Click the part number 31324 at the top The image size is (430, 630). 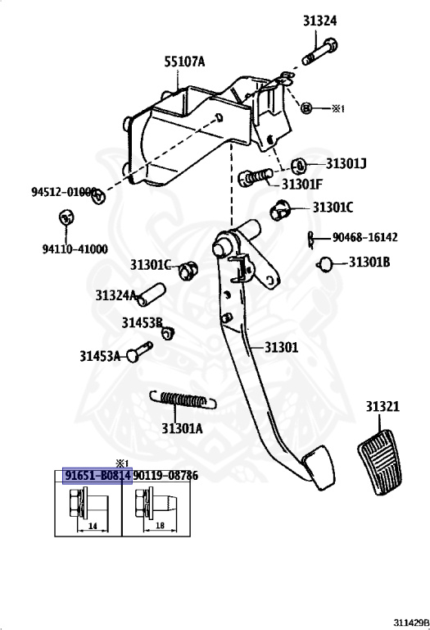coord(319,21)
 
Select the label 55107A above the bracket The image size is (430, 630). coord(184,62)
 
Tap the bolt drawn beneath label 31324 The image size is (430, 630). coord(319,52)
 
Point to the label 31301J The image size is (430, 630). coord(346,163)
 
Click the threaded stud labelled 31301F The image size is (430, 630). coord(256,177)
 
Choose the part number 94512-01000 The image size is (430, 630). coord(64,191)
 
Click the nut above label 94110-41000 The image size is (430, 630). coord(66,217)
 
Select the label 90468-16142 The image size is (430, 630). coord(365,237)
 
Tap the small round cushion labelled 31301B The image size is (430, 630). coord(324,263)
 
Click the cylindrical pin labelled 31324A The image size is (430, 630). coord(152,295)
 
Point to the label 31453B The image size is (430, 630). coord(142,322)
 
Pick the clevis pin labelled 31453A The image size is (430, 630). coord(139,351)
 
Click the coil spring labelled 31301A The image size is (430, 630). coord(183,400)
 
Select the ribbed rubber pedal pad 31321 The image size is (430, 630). coord(379,463)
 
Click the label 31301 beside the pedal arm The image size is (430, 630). coord(281,347)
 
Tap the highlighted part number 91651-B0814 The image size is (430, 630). coord(97,475)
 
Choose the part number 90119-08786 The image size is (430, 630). coord(165,475)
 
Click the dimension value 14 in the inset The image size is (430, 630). coord(93,526)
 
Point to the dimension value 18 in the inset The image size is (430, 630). coord(160,525)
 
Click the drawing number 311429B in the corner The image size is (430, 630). coord(410,623)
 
